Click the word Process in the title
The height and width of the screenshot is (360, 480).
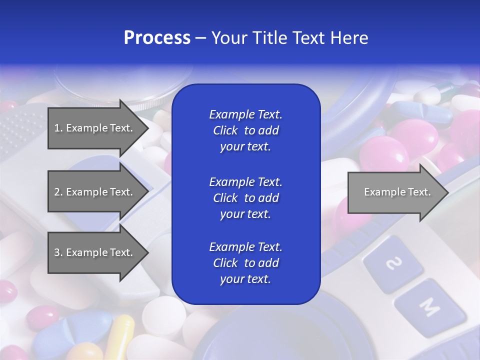pos(157,38)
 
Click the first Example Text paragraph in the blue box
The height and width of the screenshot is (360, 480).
pos(245,130)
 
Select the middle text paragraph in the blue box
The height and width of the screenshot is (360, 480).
pos(245,198)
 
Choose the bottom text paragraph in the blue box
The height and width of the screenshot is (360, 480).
pos(245,263)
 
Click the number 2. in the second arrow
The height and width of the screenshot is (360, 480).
pos(58,192)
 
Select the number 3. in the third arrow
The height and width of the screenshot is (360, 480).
pos(58,252)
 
